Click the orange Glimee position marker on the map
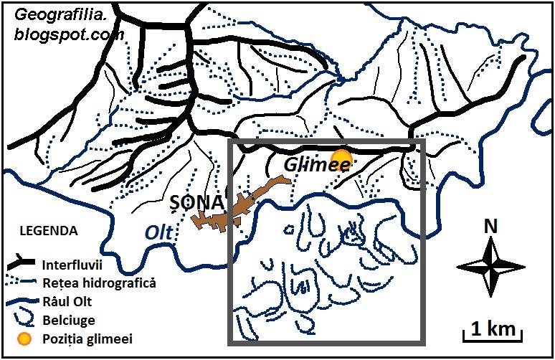click(x=342, y=158)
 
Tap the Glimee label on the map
click(x=317, y=166)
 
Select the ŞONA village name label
click(x=196, y=203)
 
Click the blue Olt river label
click(x=159, y=233)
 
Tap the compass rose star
click(x=490, y=267)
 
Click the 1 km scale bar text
click(x=492, y=329)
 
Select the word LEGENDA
click(x=47, y=232)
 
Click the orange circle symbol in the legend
click(x=24, y=338)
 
